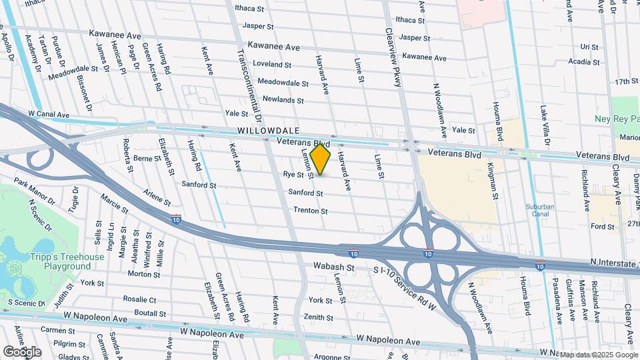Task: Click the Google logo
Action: click(22, 351)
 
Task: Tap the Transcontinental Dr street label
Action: click(241, 67)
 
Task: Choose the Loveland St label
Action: click(273, 65)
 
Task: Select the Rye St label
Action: click(293, 175)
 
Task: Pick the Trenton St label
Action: click(311, 211)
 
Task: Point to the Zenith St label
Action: click(320, 318)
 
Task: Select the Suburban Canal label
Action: click(545, 211)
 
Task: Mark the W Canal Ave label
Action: click(49, 115)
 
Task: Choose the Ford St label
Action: click(602, 227)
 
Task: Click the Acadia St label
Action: click(578, 62)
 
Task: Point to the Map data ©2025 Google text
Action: click(597, 355)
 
